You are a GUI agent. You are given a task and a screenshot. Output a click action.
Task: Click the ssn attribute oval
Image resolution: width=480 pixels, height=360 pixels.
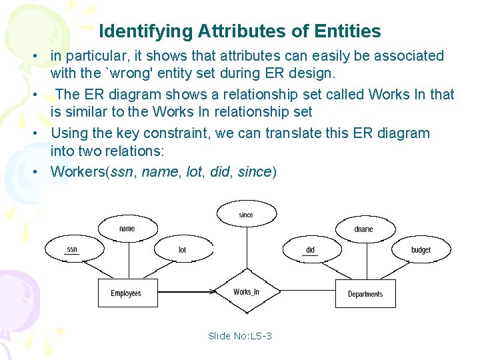click(x=72, y=250)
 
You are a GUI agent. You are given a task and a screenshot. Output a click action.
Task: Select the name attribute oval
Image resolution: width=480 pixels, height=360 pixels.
click(x=127, y=229)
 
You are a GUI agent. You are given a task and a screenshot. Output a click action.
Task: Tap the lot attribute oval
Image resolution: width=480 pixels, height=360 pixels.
click(x=182, y=250)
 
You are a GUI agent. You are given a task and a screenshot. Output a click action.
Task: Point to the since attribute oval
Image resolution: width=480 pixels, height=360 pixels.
click(x=246, y=215)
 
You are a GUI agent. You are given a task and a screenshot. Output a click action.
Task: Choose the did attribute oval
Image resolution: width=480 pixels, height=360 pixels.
click(x=310, y=250)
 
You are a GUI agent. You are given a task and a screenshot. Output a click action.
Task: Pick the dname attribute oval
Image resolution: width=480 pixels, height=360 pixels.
click(x=364, y=229)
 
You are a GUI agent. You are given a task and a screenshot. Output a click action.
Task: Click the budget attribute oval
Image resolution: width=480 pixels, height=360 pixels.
click(x=421, y=250)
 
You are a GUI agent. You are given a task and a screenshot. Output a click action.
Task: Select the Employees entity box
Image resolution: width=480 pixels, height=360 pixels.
click(x=126, y=293)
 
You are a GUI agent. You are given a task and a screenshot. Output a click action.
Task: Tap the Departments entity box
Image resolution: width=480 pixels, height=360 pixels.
click(x=365, y=294)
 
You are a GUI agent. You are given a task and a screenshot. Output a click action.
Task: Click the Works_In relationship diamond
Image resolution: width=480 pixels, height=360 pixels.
click(x=246, y=291)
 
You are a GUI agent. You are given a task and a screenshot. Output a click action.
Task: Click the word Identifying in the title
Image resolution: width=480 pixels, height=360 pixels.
click(x=145, y=31)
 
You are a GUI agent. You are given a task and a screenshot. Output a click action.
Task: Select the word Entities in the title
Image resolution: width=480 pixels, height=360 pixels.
click(x=350, y=31)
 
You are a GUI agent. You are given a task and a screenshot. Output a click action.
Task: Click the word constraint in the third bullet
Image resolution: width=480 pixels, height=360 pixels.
click(x=174, y=133)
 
